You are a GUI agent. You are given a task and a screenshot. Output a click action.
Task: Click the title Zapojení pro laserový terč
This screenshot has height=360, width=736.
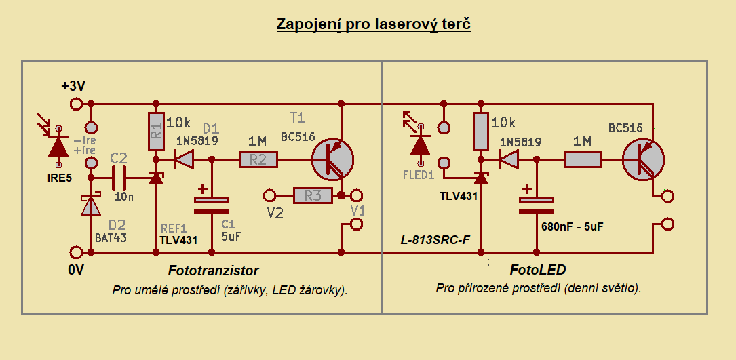[373, 24]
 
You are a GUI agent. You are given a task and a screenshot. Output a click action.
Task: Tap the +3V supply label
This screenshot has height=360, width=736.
[73, 86]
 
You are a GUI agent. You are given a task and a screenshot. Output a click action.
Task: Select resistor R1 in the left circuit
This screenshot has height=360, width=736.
[157, 132]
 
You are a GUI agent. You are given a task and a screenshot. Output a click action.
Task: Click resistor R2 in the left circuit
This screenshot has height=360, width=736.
[258, 160]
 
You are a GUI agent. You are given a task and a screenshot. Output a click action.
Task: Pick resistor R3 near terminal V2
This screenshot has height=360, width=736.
[313, 196]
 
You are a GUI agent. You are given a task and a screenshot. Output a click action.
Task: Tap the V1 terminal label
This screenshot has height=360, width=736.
[357, 210]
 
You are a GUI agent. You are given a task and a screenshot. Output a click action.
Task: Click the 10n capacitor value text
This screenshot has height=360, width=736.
[124, 197]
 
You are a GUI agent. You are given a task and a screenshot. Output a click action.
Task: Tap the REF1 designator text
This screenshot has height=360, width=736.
[172, 228]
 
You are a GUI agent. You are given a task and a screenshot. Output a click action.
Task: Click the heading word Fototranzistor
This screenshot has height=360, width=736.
[214, 271]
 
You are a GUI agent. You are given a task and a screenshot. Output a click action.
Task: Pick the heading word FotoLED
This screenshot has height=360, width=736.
[538, 270]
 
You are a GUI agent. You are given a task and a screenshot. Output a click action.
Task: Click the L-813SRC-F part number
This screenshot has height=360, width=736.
[435, 241]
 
